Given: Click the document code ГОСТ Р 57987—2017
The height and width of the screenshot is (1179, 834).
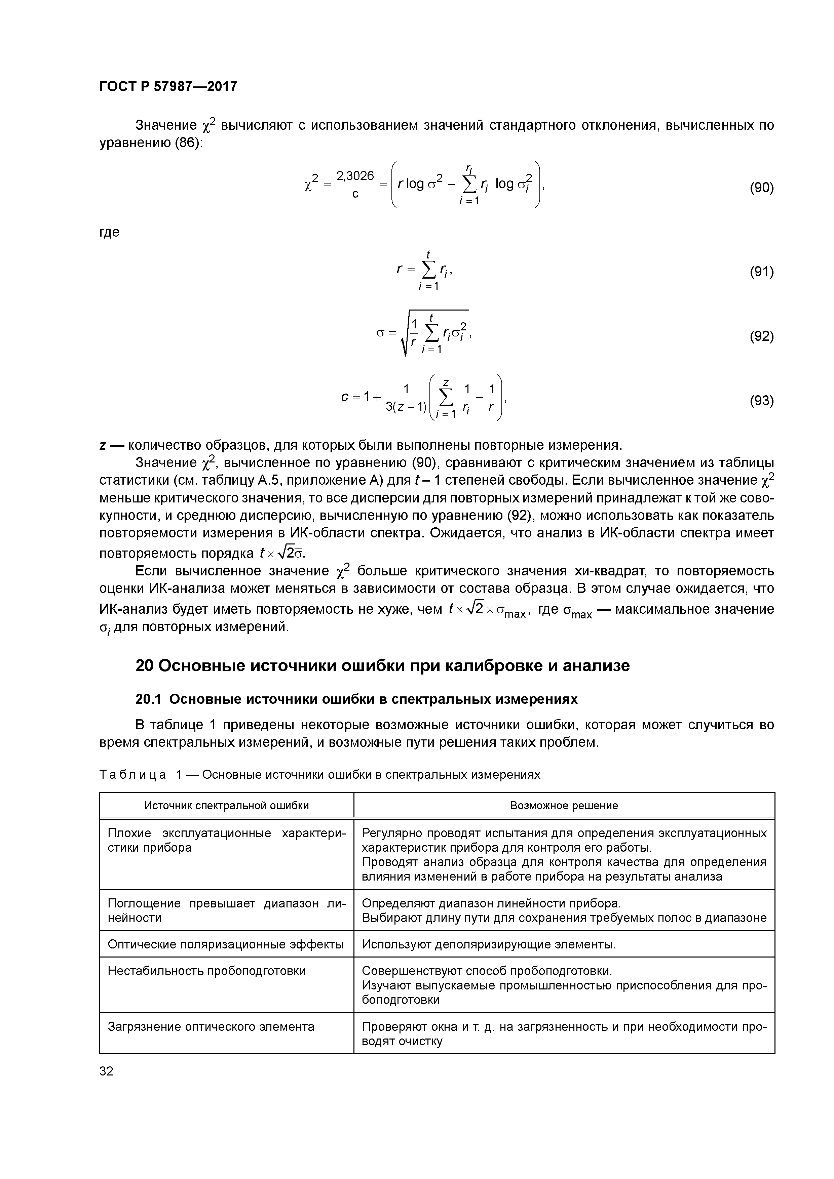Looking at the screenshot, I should [x=168, y=86].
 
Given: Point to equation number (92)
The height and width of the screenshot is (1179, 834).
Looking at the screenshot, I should [x=761, y=336].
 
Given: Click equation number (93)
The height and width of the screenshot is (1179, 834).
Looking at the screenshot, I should [x=761, y=401].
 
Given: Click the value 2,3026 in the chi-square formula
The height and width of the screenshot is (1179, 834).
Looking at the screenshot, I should [x=354, y=176].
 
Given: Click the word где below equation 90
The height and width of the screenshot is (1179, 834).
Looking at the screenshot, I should [x=109, y=232].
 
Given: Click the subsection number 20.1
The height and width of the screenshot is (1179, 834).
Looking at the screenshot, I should [x=148, y=699].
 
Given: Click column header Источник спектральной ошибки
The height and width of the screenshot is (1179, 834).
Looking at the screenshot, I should [x=227, y=805].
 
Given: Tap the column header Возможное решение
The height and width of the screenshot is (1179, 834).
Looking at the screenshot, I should [x=564, y=805].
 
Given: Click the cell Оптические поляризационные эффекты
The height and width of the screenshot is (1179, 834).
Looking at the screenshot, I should [x=226, y=944].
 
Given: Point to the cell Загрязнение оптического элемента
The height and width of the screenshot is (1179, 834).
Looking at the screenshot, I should [x=211, y=1027].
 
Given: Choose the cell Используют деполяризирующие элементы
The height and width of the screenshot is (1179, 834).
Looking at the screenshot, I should [x=488, y=944].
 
